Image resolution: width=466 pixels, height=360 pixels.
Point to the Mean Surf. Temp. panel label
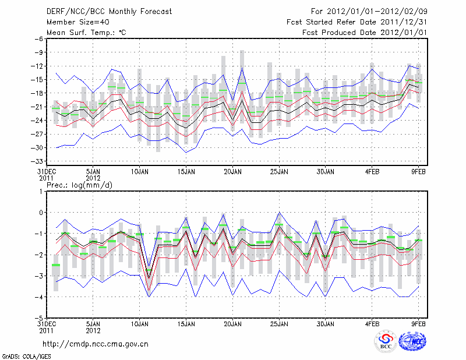(x=86, y=32)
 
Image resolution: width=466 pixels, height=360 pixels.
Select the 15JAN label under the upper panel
(x=186, y=172)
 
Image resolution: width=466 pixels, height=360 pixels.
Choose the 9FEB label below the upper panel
(x=419, y=172)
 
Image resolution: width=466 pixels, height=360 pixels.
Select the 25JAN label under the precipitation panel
(x=279, y=323)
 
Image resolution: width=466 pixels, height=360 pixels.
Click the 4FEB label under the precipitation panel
(x=372, y=323)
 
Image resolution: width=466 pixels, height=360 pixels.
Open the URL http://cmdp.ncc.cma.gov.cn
(x=96, y=344)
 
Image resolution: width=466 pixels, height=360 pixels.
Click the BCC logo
(x=386, y=342)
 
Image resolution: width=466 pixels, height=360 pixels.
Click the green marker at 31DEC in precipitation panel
(x=56, y=265)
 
